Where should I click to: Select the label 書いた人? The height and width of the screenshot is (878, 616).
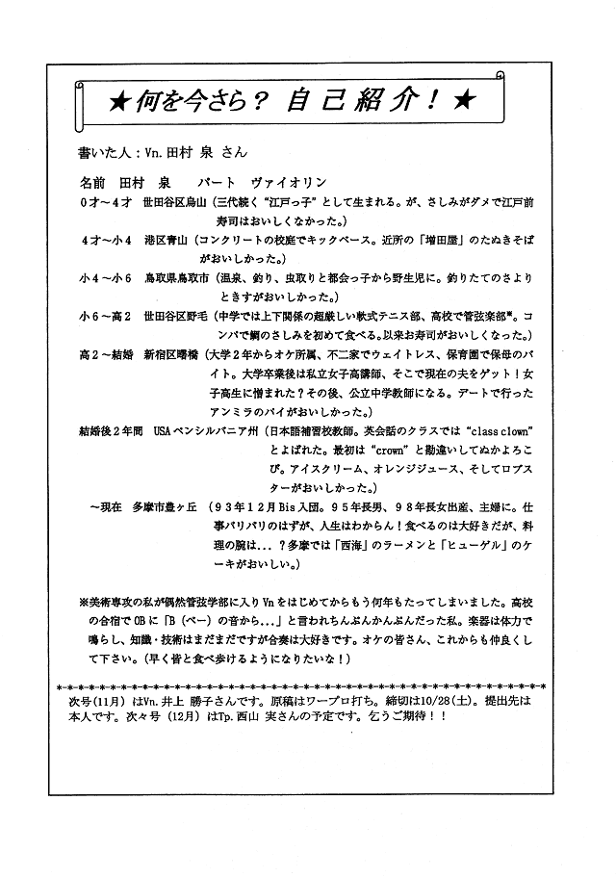[x=105, y=152]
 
